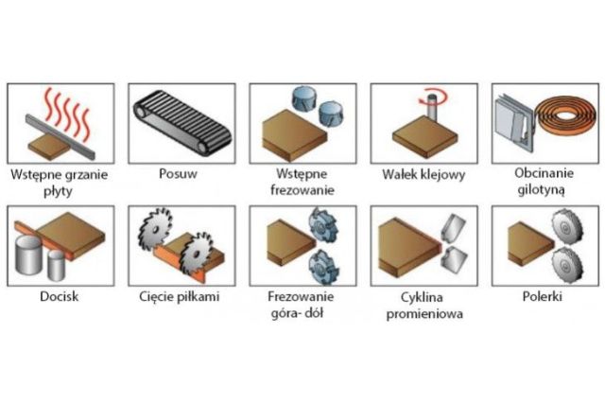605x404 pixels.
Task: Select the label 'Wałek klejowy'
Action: coord(422,175)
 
